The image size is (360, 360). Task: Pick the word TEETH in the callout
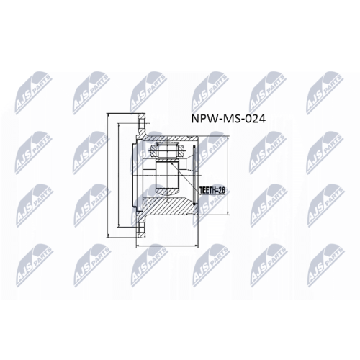206,191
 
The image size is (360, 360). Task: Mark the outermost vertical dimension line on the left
107,177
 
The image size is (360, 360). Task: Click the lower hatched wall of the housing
173,209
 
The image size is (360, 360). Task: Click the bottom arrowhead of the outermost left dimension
107,233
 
